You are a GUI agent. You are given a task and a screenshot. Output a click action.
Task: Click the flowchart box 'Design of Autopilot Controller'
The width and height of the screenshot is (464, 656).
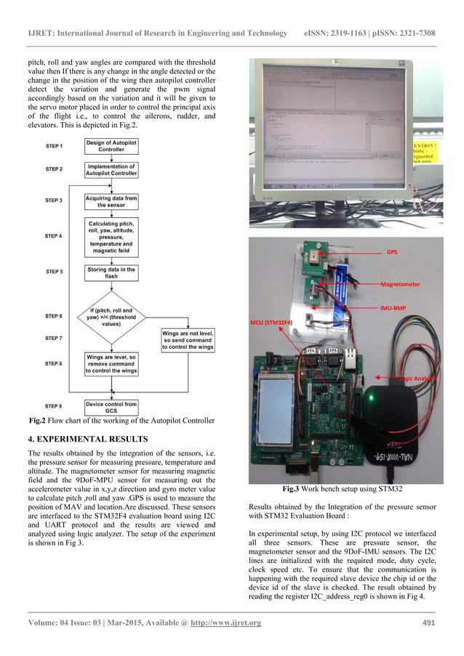(111, 146)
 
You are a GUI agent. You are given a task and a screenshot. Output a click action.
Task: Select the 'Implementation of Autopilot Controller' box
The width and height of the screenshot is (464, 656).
(111, 171)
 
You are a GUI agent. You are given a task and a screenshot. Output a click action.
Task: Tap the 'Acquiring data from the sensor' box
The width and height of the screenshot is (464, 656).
(111, 201)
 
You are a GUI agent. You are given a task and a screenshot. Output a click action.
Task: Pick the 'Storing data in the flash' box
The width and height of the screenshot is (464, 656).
(111, 273)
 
